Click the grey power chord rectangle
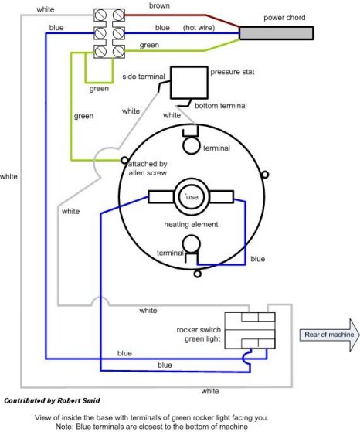click(277, 33)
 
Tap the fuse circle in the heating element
click(191, 197)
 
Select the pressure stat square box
click(189, 83)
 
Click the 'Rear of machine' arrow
click(330, 335)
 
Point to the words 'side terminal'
click(144, 77)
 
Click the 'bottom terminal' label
click(221, 106)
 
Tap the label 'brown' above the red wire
click(159, 5)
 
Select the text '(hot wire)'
click(199, 28)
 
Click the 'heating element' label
click(191, 224)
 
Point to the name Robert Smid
click(78, 400)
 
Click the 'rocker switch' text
click(199, 329)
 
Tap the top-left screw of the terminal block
click(100, 15)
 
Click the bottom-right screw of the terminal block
click(118, 51)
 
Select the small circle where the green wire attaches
click(124, 160)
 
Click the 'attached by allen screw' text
click(148, 168)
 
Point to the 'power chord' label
click(284, 18)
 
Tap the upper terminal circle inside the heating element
click(192, 146)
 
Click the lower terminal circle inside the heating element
click(192, 243)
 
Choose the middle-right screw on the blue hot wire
click(118, 33)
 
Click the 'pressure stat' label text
click(233, 72)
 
